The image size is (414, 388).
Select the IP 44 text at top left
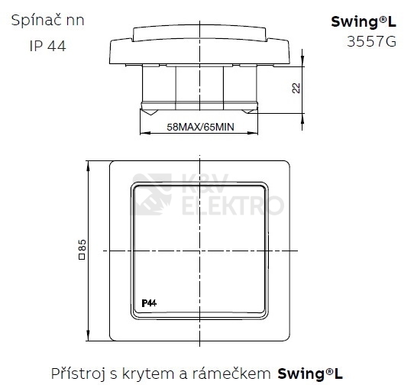click(x=47, y=46)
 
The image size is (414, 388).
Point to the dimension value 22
click(x=296, y=88)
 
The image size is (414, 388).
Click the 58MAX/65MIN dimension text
click(x=199, y=128)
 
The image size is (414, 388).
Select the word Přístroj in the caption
click(x=79, y=373)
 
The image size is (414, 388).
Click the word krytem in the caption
click(x=152, y=373)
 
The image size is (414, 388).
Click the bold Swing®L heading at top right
click(x=364, y=21)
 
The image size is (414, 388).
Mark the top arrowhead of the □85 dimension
click(x=92, y=163)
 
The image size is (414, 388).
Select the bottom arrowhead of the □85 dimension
click(x=92, y=338)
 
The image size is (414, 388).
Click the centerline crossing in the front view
click(x=199, y=251)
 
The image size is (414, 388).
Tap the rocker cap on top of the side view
click(x=199, y=32)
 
